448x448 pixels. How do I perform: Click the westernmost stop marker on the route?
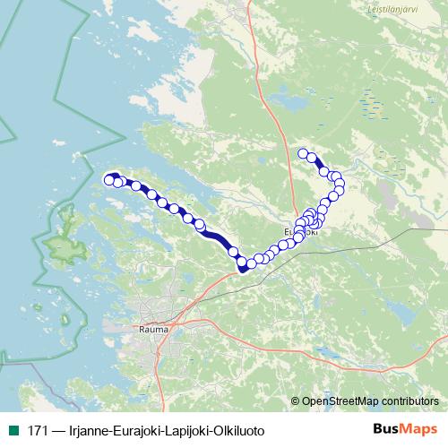(x=109, y=180)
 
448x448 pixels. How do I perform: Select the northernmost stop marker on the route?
(x=303, y=153)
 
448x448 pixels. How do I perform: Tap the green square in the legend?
(x=12, y=431)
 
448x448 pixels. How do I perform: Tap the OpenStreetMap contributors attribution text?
(x=369, y=401)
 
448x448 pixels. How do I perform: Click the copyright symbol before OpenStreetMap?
(x=296, y=401)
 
